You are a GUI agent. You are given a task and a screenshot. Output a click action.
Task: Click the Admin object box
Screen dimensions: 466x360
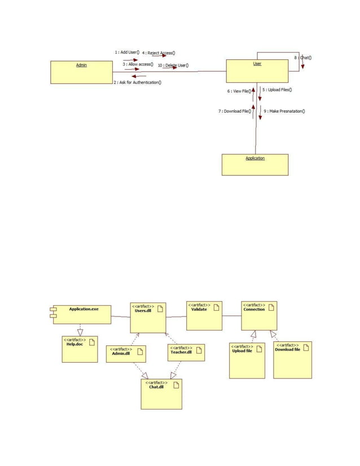coord(81,72)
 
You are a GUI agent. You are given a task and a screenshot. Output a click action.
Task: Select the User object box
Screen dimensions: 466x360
coord(257,71)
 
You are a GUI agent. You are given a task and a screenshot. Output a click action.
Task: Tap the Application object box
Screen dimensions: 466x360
coord(255,164)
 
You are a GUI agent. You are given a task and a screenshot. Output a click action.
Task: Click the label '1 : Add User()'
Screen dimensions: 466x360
coord(127,52)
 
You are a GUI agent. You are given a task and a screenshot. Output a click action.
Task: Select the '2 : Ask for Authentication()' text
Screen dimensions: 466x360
coord(138,83)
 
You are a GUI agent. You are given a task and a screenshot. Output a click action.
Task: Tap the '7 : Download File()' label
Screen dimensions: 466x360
coord(234,111)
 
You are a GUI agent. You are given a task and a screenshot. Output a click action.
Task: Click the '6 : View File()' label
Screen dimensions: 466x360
coord(239,91)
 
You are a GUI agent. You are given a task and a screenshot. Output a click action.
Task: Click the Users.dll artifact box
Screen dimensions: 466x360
coord(148,318)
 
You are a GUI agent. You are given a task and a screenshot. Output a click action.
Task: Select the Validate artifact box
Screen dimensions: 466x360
coord(204,315)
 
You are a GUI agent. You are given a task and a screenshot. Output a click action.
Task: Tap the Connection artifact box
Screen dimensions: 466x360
coord(259,315)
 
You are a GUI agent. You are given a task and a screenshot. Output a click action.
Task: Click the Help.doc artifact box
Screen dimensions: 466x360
coord(79,349)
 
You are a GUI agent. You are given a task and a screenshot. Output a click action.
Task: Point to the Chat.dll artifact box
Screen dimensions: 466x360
coord(161,393)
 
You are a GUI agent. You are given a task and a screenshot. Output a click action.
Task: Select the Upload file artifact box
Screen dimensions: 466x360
coord(247,360)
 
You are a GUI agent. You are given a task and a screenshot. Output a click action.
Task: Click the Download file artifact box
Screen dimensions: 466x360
coord(292,359)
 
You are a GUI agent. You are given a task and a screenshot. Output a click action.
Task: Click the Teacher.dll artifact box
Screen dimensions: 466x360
coord(187,352)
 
